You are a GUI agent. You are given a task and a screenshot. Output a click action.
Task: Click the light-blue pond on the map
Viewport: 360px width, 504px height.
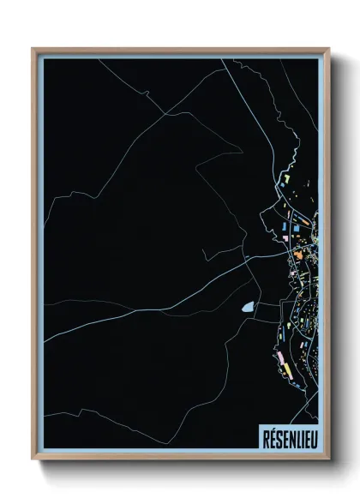coord(248,306)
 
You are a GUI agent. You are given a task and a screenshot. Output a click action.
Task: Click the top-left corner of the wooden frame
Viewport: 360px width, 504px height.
coord(33,49)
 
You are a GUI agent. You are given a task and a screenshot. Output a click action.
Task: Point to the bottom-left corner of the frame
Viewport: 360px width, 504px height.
coord(33,461)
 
